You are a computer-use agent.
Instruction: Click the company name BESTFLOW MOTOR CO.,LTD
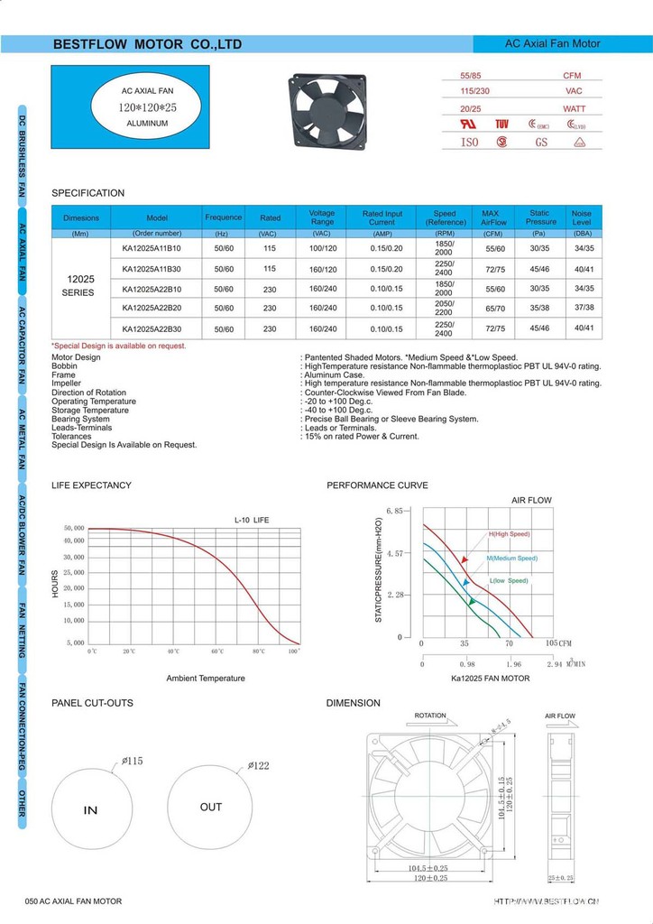click(147, 44)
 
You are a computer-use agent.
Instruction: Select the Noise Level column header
click(582, 217)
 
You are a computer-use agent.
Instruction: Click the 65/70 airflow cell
click(495, 308)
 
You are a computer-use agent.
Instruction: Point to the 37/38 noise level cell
click(584, 308)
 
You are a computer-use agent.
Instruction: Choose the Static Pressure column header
click(540, 217)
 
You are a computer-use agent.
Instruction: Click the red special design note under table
click(119, 346)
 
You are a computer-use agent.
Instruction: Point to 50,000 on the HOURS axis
click(74, 528)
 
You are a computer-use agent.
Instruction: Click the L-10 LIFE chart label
click(252, 520)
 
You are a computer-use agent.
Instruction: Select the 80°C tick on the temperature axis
click(260, 651)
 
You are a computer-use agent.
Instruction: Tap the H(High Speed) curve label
click(510, 534)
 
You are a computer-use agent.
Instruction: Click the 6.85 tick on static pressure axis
click(394, 511)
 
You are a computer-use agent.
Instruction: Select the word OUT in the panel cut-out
click(211, 807)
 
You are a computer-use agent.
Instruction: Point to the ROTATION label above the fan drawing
click(430, 716)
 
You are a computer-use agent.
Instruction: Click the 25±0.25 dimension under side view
click(560, 878)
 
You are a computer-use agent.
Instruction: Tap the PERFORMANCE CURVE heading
click(377, 485)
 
